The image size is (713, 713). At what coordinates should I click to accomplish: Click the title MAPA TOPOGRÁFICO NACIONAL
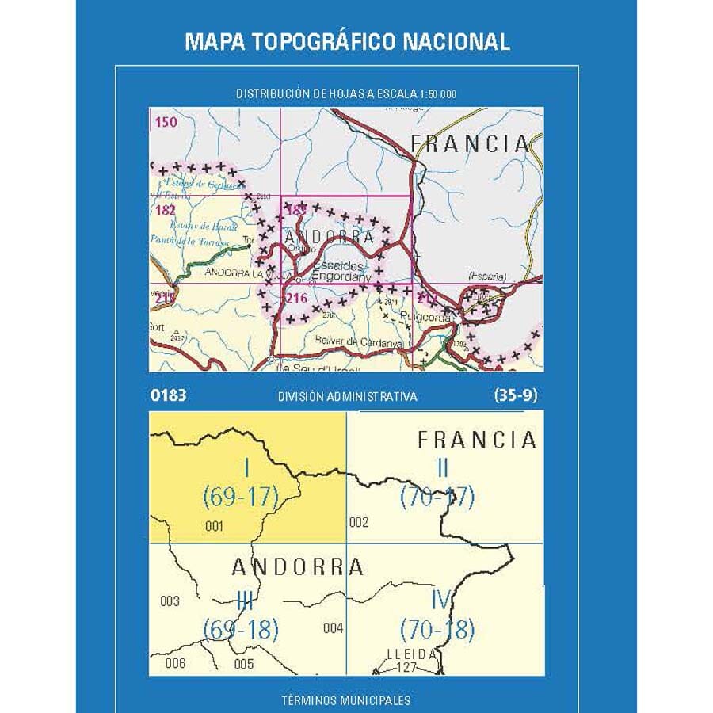(x=347, y=42)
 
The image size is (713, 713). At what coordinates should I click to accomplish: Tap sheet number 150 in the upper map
(x=166, y=122)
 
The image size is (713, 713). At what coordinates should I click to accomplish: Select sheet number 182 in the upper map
(x=166, y=210)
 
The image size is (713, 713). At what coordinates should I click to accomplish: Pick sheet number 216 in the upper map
(x=296, y=298)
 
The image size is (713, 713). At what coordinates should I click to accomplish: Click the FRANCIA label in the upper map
(x=471, y=143)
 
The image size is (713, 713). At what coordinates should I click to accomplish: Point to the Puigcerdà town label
(x=429, y=318)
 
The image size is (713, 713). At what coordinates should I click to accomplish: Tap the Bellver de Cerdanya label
(x=361, y=343)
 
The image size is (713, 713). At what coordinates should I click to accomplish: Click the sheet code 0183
(x=167, y=395)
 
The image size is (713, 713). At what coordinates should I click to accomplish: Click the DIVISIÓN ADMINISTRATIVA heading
(x=347, y=397)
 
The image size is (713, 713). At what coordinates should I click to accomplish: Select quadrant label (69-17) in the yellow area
(x=241, y=498)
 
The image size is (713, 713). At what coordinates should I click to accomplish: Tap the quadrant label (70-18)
(x=437, y=631)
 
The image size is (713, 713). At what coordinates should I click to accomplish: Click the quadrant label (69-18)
(x=241, y=631)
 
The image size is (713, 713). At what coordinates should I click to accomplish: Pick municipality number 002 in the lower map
(x=359, y=522)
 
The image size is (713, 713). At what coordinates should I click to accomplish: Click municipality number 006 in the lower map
(x=175, y=663)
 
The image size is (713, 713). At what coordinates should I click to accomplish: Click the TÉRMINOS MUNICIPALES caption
(x=346, y=700)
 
